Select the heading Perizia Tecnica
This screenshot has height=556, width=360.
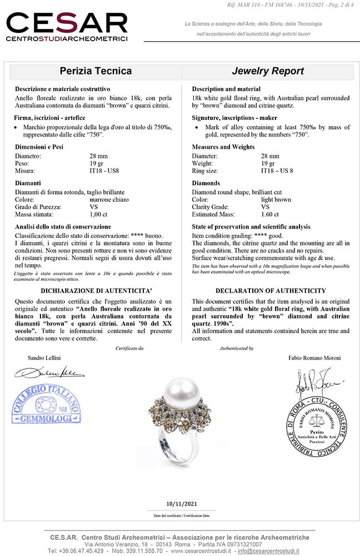(x=96, y=71)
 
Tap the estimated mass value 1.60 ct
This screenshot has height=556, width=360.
(x=270, y=214)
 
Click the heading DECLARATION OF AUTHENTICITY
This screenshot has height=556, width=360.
(x=271, y=291)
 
